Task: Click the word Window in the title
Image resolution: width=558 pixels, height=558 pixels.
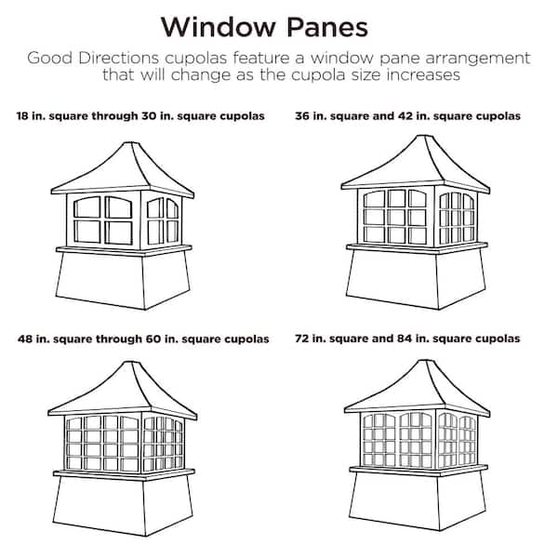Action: (x=219, y=27)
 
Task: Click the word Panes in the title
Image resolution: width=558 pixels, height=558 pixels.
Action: (x=327, y=27)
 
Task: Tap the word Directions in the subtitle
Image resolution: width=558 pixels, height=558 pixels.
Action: (x=118, y=58)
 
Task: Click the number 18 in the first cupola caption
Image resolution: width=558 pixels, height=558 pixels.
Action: (x=22, y=116)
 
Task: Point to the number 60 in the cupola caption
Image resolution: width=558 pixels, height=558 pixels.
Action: (x=153, y=339)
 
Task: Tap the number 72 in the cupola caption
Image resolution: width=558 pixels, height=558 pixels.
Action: (x=301, y=339)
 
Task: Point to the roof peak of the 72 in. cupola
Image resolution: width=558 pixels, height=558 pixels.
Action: (x=425, y=361)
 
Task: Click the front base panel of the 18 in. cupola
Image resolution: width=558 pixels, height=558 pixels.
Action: (x=100, y=281)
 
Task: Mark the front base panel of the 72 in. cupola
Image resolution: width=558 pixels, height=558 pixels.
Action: (x=394, y=501)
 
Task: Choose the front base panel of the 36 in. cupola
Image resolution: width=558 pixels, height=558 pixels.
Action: (x=392, y=279)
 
